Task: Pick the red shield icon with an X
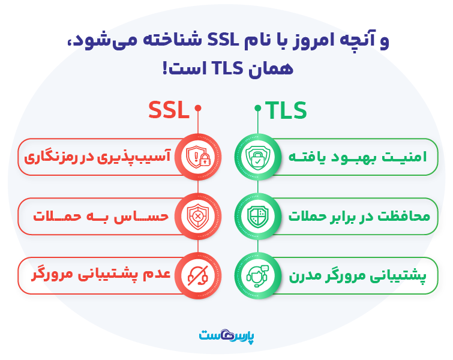pyautogui.click(x=197, y=216)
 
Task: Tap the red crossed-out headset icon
pyautogui.click(x=197, y=275)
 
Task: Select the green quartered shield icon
pyautogui.click(x=256, y=216)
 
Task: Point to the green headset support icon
pyautogui.click(x=256, y=275)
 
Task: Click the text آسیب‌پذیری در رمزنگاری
pyautogui.click(x=98, y=157)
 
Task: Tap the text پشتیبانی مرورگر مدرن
pyautogui.click(x=358, y=275)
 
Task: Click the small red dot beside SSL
pyautogui.click(x=198, y=109)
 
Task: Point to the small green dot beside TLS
pyautogui.click(x=257, y=109)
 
